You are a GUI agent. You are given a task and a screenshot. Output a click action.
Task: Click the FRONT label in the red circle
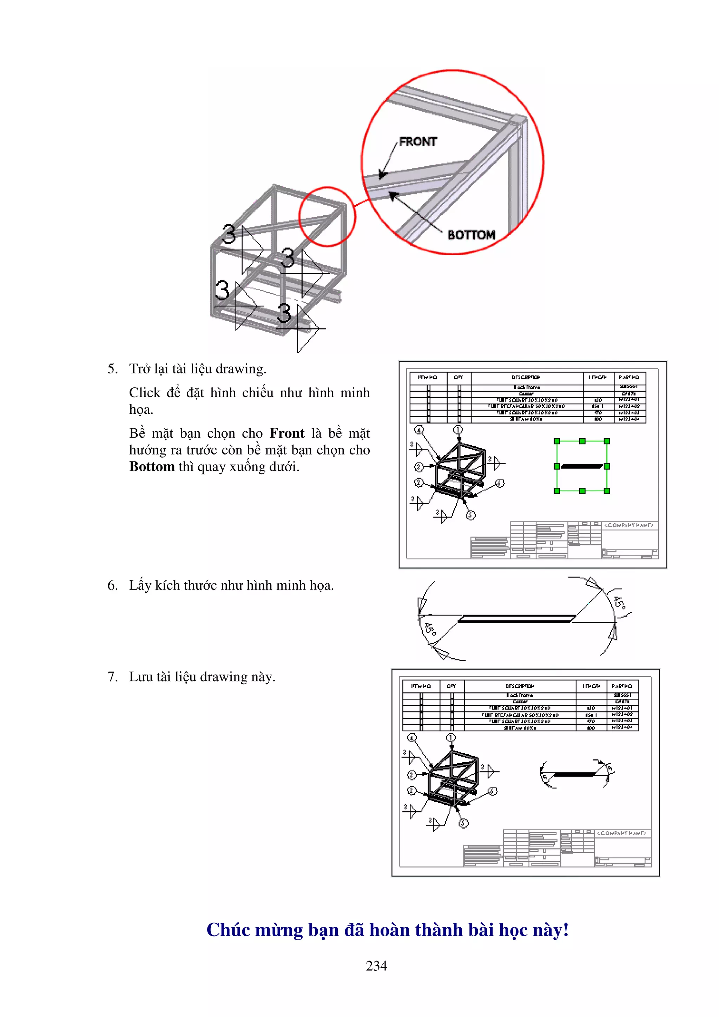[418, 142]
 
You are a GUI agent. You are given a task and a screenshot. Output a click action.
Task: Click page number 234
[377, 966]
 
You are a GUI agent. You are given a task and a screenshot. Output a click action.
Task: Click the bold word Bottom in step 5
[152, 467]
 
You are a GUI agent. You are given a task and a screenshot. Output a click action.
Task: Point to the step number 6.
[112, 586]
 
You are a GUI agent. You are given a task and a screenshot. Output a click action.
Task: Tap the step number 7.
[112, 677]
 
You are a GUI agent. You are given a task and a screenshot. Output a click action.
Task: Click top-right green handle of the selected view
[607, 441]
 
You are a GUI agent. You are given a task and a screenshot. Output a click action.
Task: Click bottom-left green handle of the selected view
[557, 491]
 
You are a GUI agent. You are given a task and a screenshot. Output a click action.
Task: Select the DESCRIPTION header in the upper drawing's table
[526, 377]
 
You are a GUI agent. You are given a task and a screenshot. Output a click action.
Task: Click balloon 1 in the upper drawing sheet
[458, 430]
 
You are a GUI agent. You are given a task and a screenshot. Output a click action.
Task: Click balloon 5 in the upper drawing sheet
[471, 515]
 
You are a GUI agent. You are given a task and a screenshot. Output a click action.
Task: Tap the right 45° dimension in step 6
[619, 603]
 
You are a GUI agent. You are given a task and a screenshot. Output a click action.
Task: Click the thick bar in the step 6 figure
[516, 619]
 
